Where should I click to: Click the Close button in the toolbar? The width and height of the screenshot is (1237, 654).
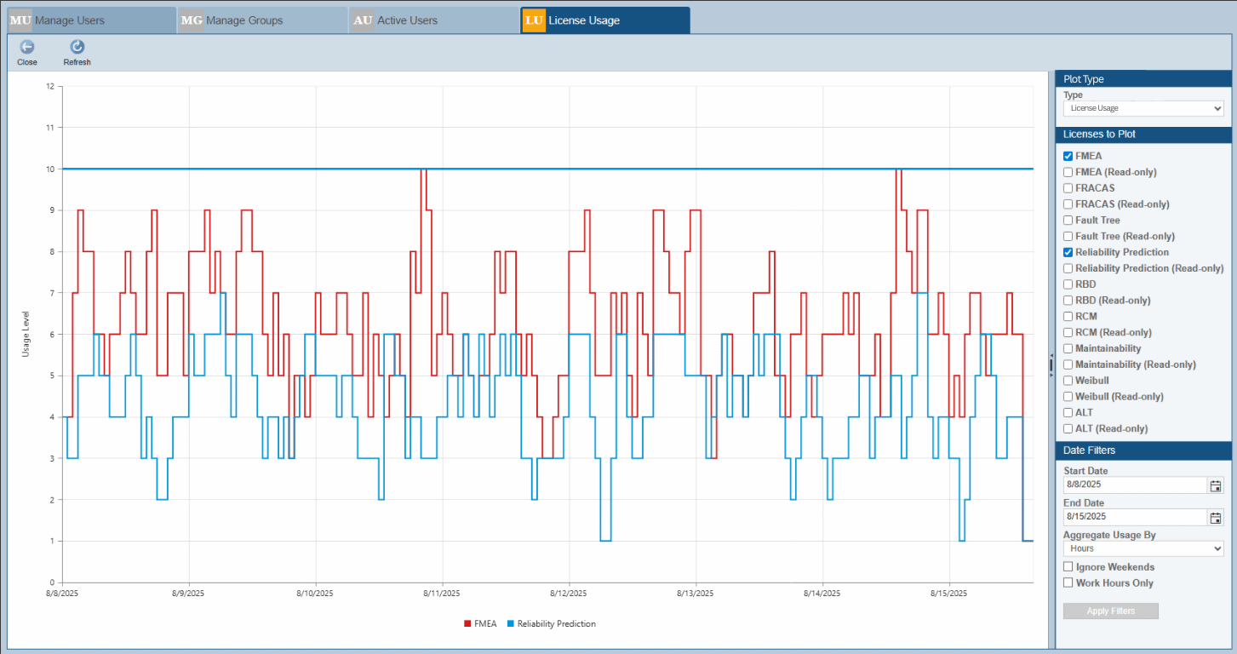(x=27, y=51)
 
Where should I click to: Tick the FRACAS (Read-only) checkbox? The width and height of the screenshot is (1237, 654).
(x=1068, y=204)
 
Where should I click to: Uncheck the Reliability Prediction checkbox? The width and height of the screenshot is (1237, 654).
(x=1068, y=252)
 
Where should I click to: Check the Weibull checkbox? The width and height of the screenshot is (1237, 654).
(x=1068, y=381)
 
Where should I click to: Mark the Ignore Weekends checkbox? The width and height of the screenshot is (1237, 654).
(x=1068, y=567)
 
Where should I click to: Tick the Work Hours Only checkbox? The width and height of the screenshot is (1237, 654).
(x=1068, y=583)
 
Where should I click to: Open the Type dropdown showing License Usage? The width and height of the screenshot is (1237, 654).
(x=1143, y=109)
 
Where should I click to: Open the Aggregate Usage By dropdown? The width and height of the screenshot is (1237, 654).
(x=1143, y=549)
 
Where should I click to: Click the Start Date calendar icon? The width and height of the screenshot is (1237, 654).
(x=1215, y=485)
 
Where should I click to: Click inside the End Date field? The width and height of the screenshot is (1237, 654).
(x=1134, y=517)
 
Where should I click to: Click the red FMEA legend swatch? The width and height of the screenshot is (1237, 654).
(x=467, y=624)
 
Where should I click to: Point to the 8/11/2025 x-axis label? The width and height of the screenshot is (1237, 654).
(x=441, y=594)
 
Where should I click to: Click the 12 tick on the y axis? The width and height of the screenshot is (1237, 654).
(x=50, y=86)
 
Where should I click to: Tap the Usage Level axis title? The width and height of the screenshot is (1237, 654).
(x=26, y=333)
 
